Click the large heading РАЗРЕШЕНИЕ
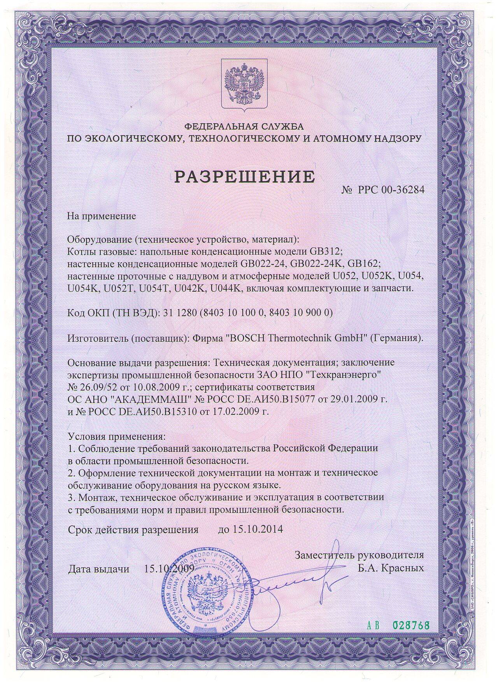[244, 177]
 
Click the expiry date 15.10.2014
[258, 529]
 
